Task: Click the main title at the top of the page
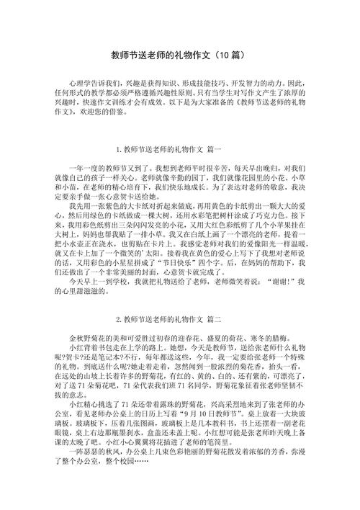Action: (180, 55)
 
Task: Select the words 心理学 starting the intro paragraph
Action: (74, 84)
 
